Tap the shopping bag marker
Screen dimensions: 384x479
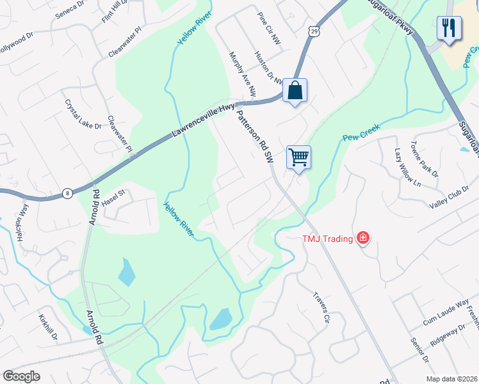[295, 91]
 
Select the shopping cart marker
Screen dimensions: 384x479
[298, 157]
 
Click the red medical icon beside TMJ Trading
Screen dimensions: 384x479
[363, 239]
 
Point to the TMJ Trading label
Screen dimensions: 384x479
[327, 239]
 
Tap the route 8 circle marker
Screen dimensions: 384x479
[67, 193]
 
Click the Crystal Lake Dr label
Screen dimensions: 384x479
[83, 114]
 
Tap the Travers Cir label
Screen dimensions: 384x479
[321, 307]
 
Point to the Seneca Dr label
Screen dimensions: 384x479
[70, 8]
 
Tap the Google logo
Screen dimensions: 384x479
[21, 376]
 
